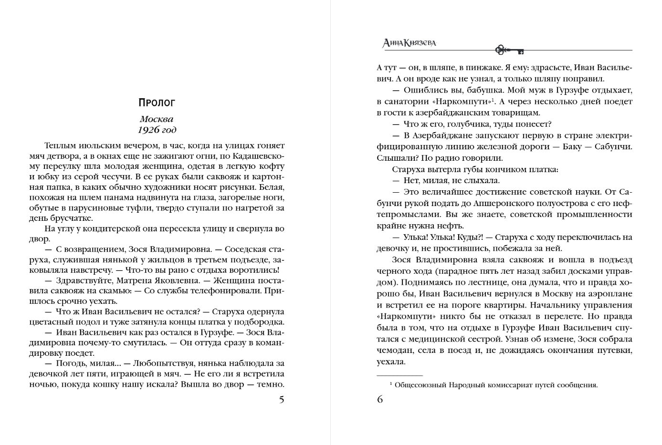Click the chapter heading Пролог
point(157,103)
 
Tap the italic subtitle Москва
point(157,119)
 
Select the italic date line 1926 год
point(157,130)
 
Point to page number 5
point(282,400)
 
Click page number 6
point(380,400)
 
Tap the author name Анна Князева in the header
point(410,43)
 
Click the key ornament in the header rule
point(509,50)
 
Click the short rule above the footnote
point(399,375)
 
